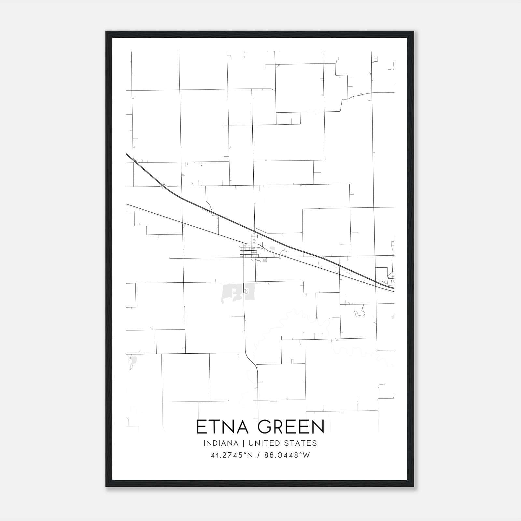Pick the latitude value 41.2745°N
point(232,455)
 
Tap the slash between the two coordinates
point(259,455)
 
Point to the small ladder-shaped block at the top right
point(375,59)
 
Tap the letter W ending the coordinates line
point(306,455)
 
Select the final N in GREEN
point(318,427)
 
